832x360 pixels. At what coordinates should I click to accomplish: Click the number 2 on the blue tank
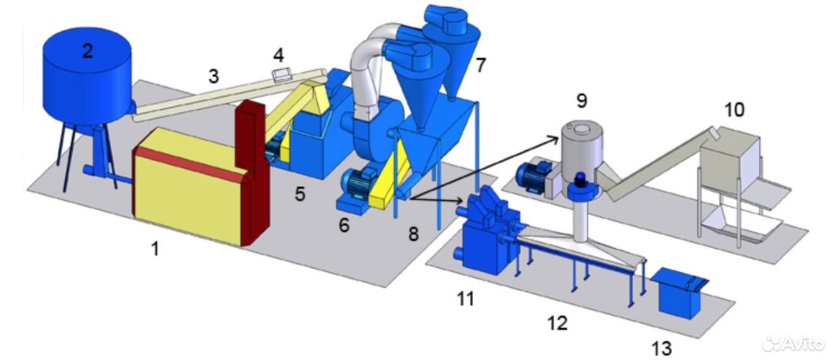tap(88, 51)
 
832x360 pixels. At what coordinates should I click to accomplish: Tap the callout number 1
tap(155, 248)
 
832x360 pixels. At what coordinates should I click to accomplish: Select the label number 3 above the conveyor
tap(213, 76)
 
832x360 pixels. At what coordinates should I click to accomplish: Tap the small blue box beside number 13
tap(680, 292)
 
